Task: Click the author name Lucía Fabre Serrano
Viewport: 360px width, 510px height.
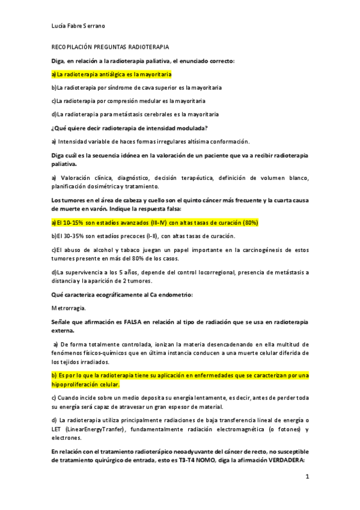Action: (x=79, y=26)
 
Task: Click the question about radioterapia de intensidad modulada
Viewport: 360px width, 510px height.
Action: (x=130, y=127)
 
